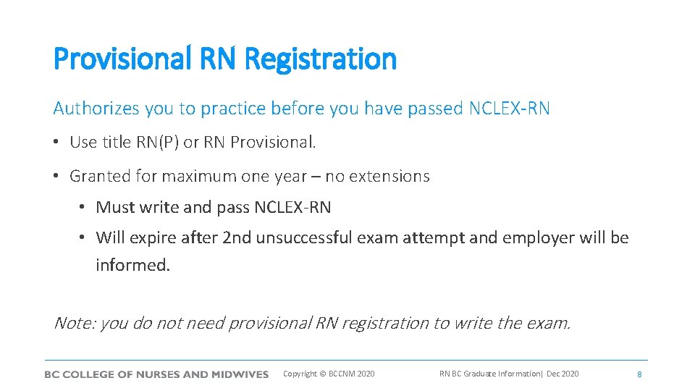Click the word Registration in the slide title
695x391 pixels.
(x=321, y=59)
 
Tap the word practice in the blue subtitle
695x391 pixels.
(x=233, y=109)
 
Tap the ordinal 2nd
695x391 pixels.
(x=237, y=237)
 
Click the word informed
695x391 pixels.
(x=132, y=265)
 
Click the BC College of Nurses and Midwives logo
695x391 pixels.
(x=156, y=374)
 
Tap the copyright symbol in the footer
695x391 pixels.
(x=322, y=374)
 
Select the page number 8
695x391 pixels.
(x=639, y=374)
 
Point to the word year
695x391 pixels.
(x=300, y=176)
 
